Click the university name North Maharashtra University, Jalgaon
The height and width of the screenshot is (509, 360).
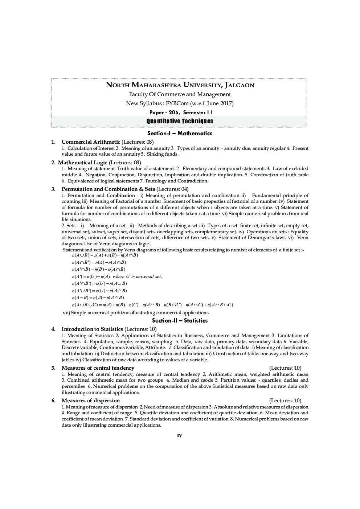tap(180, 85)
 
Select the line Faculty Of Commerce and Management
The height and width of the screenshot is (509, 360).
tap(180, 94)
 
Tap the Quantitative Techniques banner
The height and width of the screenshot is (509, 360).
tap(180, 121)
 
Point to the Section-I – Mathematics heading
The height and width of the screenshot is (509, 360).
tap(180, 134)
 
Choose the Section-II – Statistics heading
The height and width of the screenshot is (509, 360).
tap(180, 321)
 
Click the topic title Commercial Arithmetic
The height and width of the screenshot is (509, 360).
tap(91, 142)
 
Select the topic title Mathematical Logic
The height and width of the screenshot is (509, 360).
tap(82, 163)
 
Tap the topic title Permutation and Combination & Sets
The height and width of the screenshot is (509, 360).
tap(108, 189)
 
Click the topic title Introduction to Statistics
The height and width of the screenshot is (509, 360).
tap(92, 329)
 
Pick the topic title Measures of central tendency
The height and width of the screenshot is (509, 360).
tap(98, 368)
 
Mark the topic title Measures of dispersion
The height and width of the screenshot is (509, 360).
tap(90, 401)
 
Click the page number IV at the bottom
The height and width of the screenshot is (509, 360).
tap(180, 435)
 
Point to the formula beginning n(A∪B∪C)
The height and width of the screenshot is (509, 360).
tap(152, 305)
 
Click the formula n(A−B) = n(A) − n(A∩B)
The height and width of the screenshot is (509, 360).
tap(98, 298)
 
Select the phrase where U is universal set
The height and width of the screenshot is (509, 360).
tap(138, 276)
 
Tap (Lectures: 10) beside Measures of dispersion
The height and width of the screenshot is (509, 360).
tap(285, 401)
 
